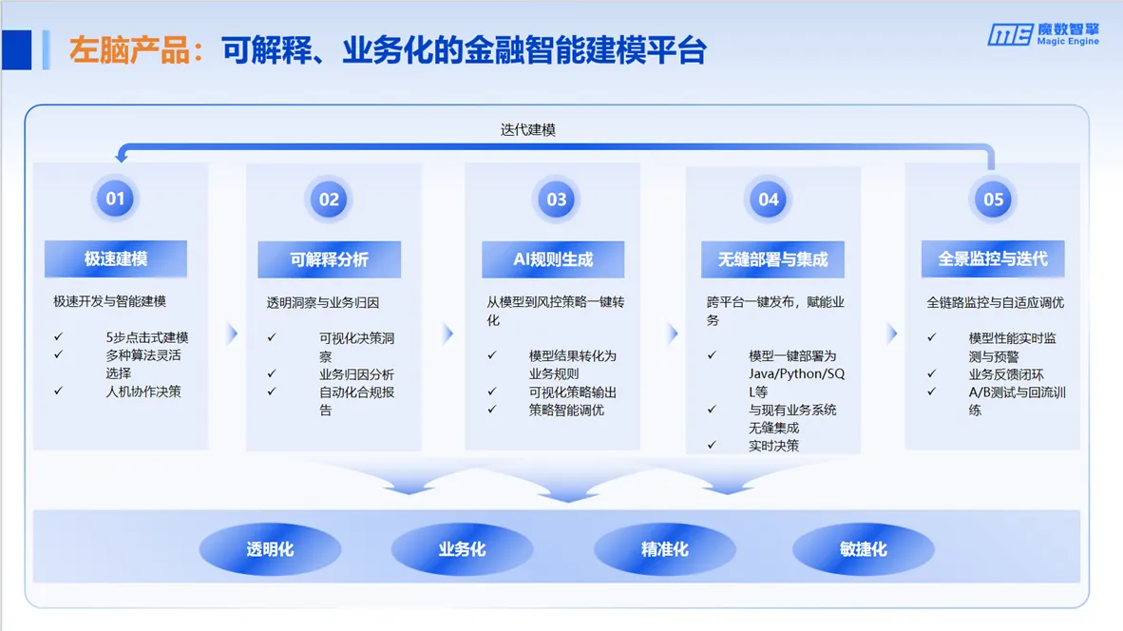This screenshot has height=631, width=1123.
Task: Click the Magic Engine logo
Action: [x=1043, y=33]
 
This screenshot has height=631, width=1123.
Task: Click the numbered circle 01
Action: [x=115, y=199]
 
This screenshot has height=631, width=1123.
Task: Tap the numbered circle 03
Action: [x=557, y=200]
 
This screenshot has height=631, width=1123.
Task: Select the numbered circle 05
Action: [x=994, y=200]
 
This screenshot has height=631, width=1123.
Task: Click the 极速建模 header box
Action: [x=116, y=258]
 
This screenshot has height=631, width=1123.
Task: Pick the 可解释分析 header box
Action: [x=330, y=259]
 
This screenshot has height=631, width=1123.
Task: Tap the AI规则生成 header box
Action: [x=553, y=259]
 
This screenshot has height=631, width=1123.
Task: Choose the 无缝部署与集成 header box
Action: [x=772, y=259]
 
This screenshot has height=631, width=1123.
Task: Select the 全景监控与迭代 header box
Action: [x=993, y=258]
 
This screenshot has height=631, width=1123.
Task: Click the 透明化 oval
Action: [x=270, y=549]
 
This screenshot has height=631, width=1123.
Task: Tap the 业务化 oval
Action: [x=462, y=549]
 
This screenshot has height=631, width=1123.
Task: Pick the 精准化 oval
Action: [x=665, y=549]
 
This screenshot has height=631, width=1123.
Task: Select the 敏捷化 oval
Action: [x=863, y=549]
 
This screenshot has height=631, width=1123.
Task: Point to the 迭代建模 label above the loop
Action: [x=528, y=129]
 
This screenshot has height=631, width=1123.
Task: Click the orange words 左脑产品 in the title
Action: [x=129, y=51]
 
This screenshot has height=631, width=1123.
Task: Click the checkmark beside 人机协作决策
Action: [x=58, y=392]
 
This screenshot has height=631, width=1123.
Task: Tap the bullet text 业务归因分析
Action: [x=356, y=373]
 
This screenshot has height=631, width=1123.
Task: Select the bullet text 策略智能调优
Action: [x=566, y=411]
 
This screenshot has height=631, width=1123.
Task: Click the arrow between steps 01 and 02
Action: [x=232, y=334]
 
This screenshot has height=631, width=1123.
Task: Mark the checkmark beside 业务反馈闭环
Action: [x=932, y=373]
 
